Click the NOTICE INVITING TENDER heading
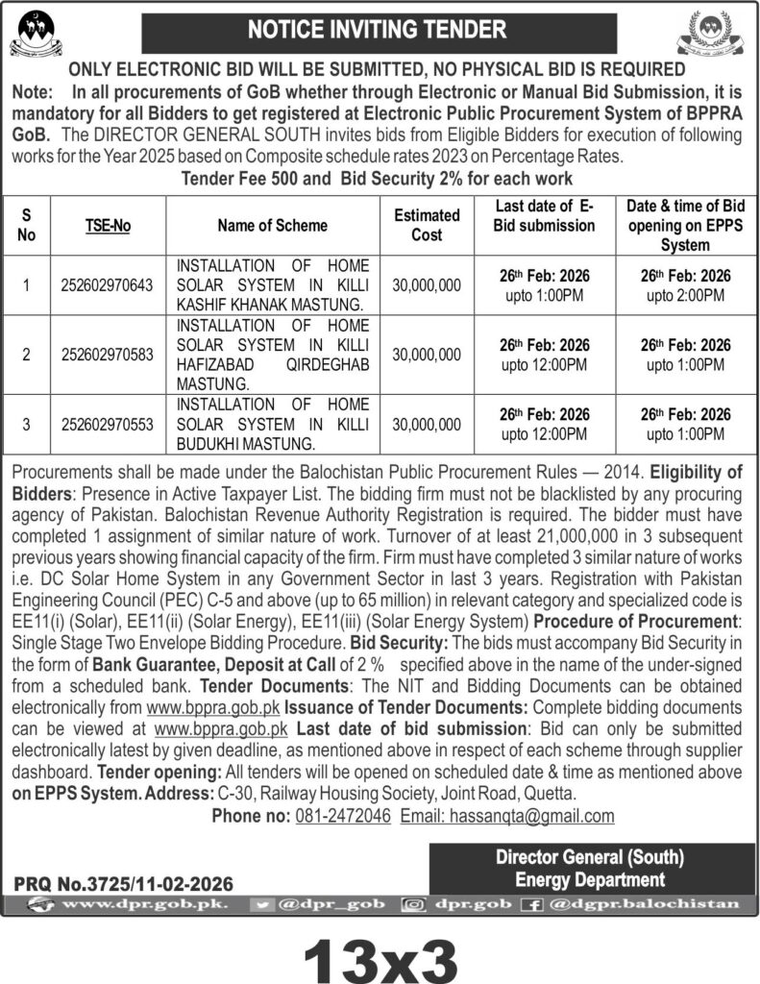tap(376, 30)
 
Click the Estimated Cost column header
tap(427, 225)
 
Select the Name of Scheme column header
tap(272, 225)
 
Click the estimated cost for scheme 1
tap(427, 285)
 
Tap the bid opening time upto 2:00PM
tap(685, 295)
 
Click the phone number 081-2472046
tap(341, 816)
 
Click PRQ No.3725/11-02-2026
tap(123, 883)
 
